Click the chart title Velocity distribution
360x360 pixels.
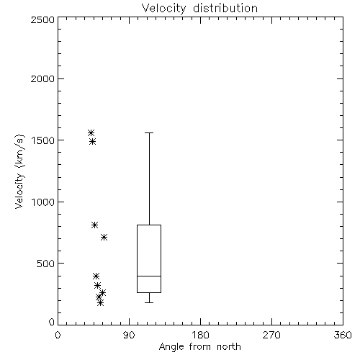click(x=199, y=8)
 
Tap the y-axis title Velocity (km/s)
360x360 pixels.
click(x=19, y=171)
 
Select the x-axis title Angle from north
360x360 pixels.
click(x=199, y=346)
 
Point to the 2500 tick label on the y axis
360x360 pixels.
click(x=43, y=19)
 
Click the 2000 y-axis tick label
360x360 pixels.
click(x=43, y=78)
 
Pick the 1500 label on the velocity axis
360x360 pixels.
click(x=43, y=140)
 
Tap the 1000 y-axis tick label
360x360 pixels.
click(x=43, y=202)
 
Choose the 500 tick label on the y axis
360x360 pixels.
click(x=46, y=264)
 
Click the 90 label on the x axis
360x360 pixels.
click(x=129, y=335)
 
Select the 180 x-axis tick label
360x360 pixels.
click(x=200, y=335)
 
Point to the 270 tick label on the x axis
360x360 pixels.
click(x=271, y=335)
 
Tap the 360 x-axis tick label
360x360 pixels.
click(x=343, y=335)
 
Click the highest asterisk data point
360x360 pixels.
click(x=91, y=132)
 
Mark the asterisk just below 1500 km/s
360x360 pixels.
click(x=93, y=142)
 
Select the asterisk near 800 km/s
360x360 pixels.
click(x=94, y=225)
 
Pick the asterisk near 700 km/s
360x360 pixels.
click(x=104, y=238)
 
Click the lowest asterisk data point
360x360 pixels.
click(x=101, y=302)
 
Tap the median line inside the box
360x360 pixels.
click(x=149, y=276)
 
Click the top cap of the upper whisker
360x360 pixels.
click(x=149, y=132)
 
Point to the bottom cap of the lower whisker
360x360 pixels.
click(x=149, y=302)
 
